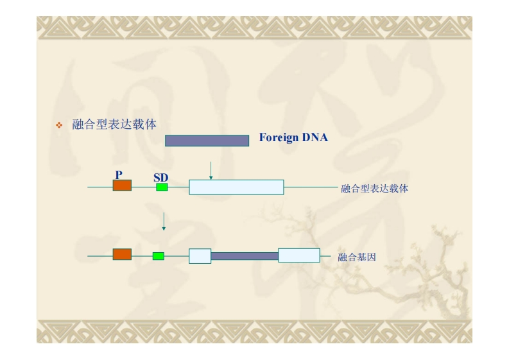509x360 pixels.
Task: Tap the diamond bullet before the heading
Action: (60, 125)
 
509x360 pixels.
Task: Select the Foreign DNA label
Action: (293, 137)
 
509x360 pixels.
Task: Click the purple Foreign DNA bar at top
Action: (207, 141)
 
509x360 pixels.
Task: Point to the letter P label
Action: (119, 174)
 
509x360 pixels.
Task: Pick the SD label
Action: (160, 177)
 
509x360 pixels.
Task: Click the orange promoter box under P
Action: (122, 185)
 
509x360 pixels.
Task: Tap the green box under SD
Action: (162, 187)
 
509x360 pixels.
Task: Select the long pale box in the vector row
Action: (236, 187)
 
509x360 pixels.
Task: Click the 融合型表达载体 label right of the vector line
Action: (375, 189)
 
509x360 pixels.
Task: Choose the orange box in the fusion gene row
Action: (122, 255)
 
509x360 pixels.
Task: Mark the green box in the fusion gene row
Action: (158, 256)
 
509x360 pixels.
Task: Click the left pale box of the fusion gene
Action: (200, 255)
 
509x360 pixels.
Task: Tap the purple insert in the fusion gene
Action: (244, 256)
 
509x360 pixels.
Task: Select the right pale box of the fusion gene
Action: (298, 255)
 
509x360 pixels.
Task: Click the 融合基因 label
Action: (356, 257)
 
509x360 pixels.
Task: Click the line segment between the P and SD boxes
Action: (144, 187)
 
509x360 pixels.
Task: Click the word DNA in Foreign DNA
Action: (315, 137)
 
